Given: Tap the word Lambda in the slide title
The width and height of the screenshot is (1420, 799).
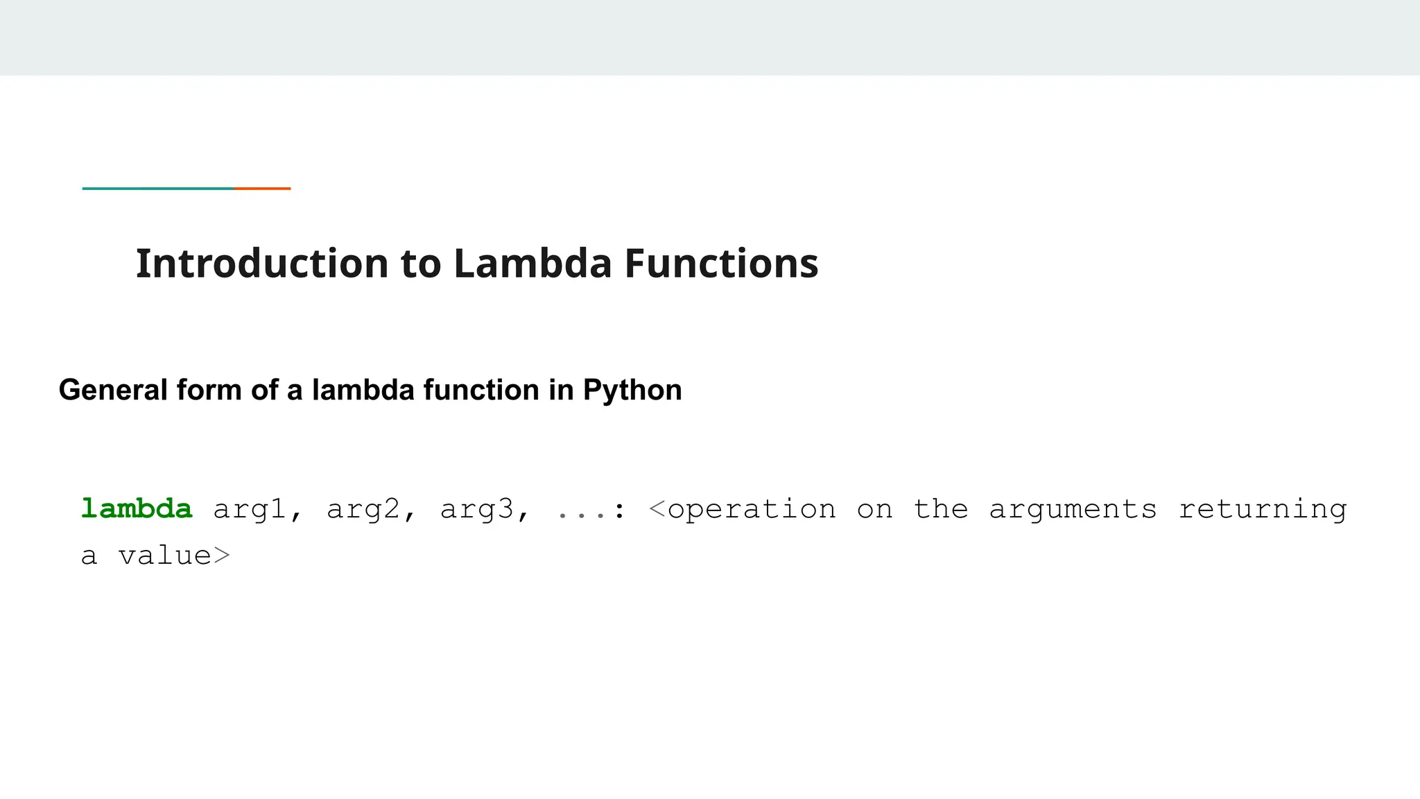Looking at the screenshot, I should tap(532, 264).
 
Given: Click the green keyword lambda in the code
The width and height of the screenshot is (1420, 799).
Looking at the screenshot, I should tap(137, 509).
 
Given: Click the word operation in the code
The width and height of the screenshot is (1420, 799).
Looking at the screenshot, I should tap(752, 510).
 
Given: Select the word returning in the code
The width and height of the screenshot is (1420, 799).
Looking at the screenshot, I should tap(1263, 510).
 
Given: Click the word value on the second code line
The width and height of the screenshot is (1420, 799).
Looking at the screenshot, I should tap(165, 556).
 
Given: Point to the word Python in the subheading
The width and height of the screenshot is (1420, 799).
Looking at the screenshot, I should tap(632, 390).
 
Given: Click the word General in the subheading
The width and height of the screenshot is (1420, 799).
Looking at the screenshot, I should tap(113, 390).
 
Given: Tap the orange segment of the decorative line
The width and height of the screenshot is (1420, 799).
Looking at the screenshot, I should tap(263, 188).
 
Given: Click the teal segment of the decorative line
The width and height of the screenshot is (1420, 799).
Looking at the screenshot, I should tap(158, 188).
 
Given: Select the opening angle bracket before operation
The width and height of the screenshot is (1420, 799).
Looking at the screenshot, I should tap(657, 510).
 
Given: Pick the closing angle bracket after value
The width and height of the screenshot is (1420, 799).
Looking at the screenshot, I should tap(221, 556).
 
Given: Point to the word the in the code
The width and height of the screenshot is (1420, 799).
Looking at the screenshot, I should tap(941, 510).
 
